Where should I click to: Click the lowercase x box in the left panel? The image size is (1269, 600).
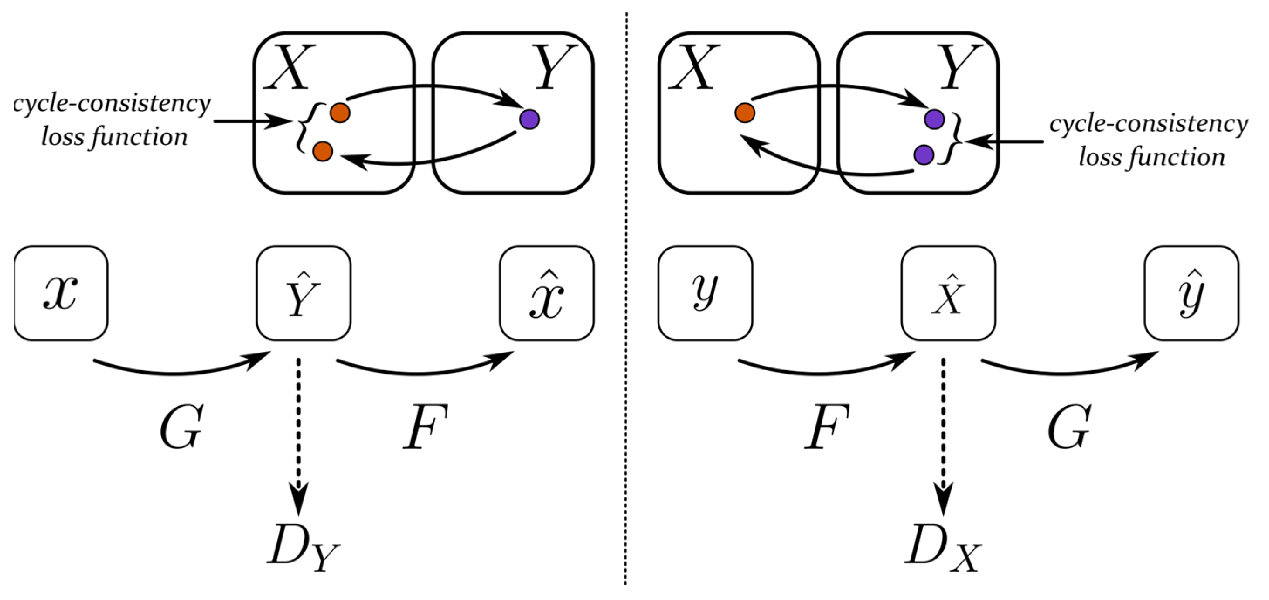point(61,293)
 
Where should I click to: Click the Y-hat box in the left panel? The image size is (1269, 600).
point(304,293)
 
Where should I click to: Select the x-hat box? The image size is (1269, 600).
point(546,293)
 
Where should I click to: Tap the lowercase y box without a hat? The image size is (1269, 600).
point(705,293)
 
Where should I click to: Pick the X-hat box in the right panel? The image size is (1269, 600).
point(948,293)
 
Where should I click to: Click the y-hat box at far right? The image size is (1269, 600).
point(1191,293)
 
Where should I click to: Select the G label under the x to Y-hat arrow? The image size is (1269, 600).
point(181,426)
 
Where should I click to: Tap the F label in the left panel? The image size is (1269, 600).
point(425,426)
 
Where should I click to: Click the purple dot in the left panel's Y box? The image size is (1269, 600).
point(529,119)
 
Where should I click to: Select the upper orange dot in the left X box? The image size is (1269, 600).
point(340,113)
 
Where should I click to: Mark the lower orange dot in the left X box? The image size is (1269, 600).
point(323,151)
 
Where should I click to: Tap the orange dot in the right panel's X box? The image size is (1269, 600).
point(744,113)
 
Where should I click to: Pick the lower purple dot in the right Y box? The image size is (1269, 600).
point(923,154)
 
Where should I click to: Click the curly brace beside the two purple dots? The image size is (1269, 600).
point(955,138)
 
